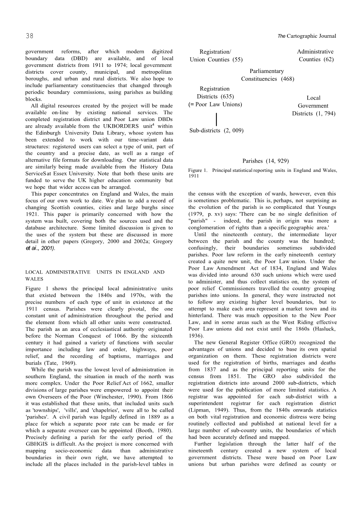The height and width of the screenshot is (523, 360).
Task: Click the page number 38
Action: (x=30, y=36)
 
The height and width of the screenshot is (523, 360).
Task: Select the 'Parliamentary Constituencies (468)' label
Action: (x=267, y=75)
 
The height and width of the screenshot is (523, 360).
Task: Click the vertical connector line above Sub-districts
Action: (x=216, y=118)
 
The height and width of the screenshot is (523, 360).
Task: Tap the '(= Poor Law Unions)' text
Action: (x=215, y=104)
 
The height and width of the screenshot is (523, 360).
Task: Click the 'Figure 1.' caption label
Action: (x=195, y=170)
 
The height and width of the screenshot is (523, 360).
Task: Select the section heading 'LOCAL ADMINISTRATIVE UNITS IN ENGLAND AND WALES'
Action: (x=95, y=275)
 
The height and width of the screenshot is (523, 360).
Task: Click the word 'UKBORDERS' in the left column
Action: (x=121, y=126)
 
